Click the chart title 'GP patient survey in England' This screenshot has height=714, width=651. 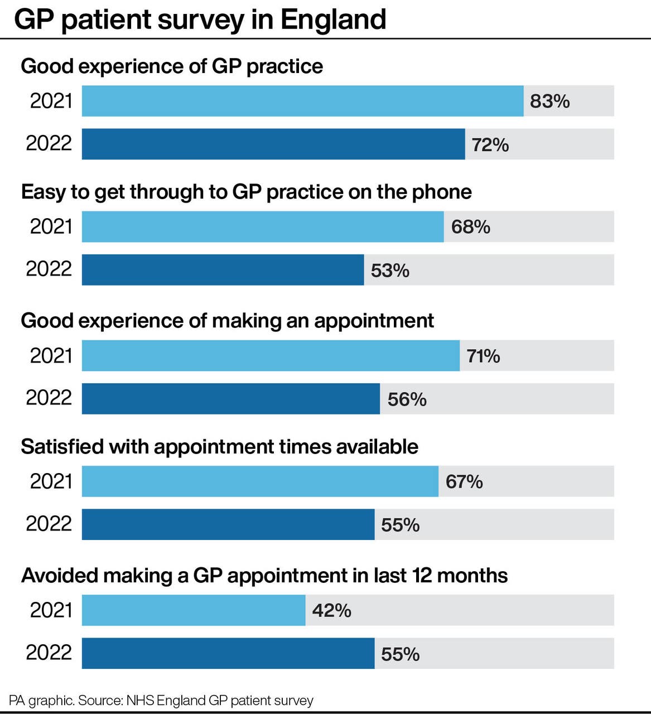pyautogui.click(x=200, y=20)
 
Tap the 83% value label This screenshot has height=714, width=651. pyautogui.click(x=549, y=101)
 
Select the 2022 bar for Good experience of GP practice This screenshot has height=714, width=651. pyautogui.click(x=273, y=144)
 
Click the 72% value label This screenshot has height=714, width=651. pyautogui.click(x=490, y=144)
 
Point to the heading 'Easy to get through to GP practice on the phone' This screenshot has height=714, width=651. pyautogui.click(x=246, y=192)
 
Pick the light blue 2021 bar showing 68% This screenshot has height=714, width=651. pyautogui.click(x=263, y=226)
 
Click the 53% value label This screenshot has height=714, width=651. pyautogui.click(x=390, y=271)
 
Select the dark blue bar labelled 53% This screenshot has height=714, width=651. pyautogui.click(x=223, y=270)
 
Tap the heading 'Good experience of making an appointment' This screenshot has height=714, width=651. pyautogui.click(x=227, y=321)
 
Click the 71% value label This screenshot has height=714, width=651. pyautogui.click(x=483, y=356)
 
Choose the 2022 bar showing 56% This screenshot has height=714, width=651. pyautogui.click(x=230, y=399)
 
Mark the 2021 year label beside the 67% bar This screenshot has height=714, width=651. pyautogui.click(x=51, y=481)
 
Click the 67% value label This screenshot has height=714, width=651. pyautogui.click(x=464, y=481)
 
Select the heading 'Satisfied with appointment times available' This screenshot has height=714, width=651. pyautogui.click(x=219, y=447)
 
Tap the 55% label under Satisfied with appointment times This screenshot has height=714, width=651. pyautogui.click(x=400, y=525)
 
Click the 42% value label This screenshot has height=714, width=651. pyautogui.click(x=331, y=610)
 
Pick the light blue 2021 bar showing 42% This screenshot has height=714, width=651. pyautogui.click(x=194, y=610)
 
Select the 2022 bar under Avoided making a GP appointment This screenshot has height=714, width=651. pyautogui.click(x=228, y=653)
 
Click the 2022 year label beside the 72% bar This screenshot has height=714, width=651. pyautogui.click(x=49, y=143)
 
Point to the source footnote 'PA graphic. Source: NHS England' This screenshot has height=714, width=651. pyautogui.click(x=161, y=701)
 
